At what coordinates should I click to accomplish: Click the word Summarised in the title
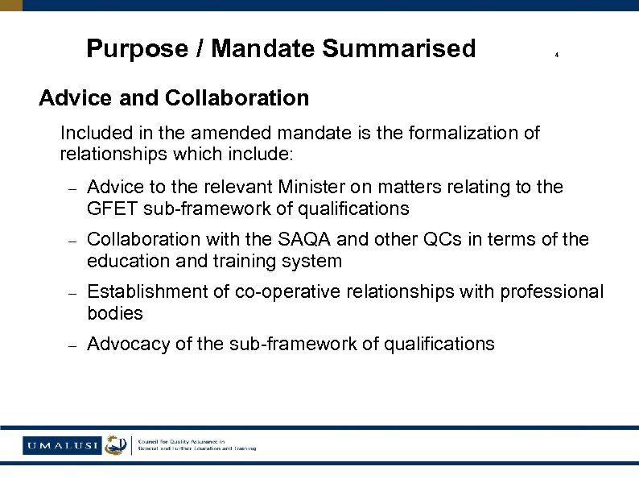(399, 49)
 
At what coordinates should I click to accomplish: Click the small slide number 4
(557, 56)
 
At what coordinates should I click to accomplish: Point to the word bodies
(115, 312)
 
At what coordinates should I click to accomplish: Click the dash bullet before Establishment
(71, 293)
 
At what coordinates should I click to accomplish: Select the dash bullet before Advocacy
(71, 345)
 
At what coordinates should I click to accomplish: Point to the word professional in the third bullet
(551, 291)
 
